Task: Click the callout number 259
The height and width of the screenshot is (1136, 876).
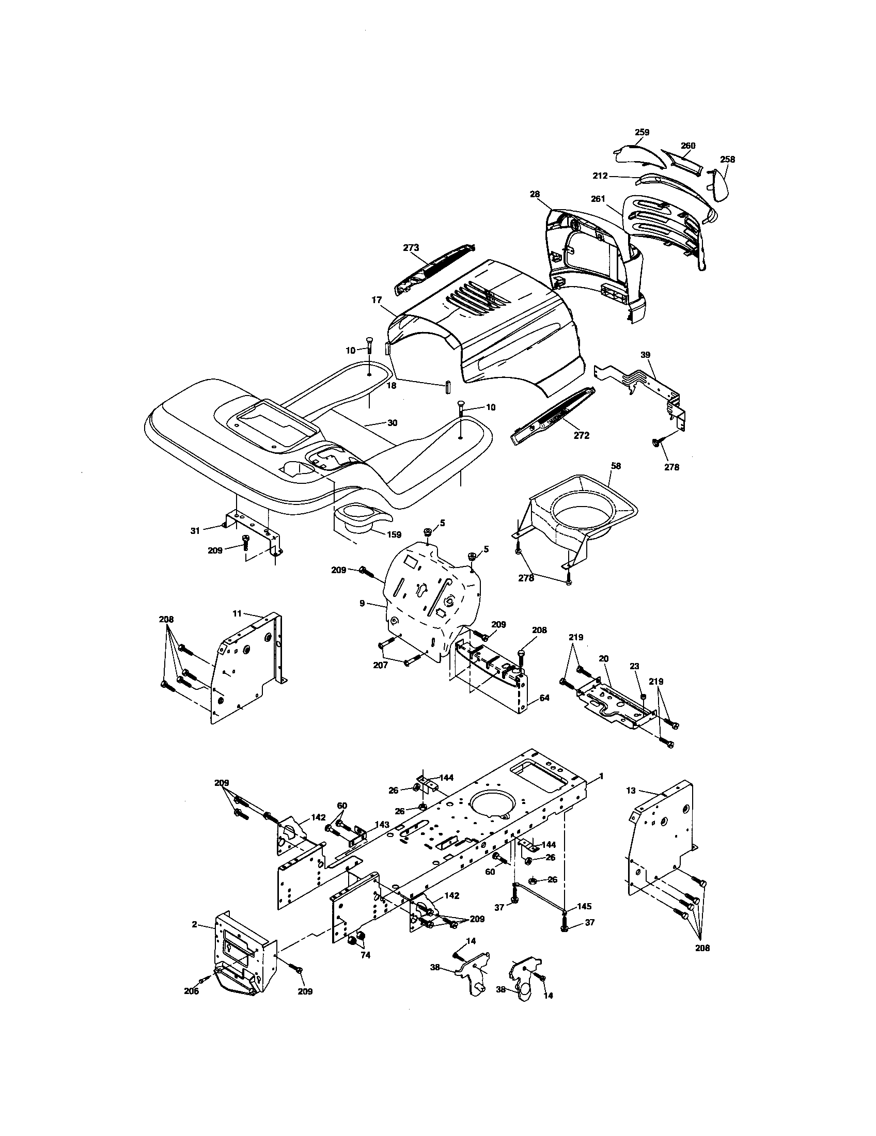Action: tap(642, 132)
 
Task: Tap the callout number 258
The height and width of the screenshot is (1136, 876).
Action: tap(728, 159)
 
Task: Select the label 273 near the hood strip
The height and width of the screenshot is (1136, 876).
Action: tap(411, 247)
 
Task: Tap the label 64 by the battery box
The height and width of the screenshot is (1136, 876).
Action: tap(544, 698)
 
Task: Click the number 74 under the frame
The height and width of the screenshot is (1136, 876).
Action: tap(365, 955)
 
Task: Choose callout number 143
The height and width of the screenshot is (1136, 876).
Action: tap(382, 825)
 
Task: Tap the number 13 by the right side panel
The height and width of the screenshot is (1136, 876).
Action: tap(631, 804)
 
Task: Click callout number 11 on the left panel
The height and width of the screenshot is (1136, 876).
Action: tap(237, 614)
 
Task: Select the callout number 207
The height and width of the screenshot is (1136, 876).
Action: tap(380, 665)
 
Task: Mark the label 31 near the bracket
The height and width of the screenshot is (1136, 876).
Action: tap(195, 530)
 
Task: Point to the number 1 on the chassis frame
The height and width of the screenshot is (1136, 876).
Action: tap(601, 790)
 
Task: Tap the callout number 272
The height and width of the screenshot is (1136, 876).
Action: tap(581, 435)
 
